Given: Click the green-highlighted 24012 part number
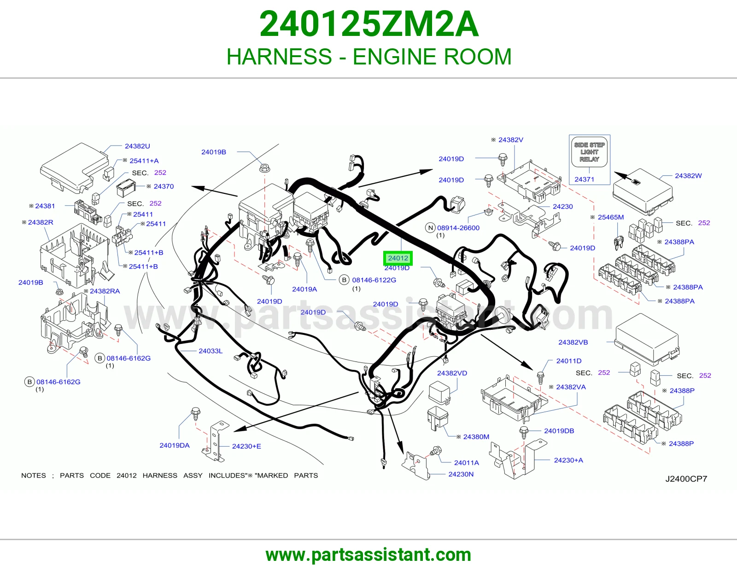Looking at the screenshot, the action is (x=398, y=258).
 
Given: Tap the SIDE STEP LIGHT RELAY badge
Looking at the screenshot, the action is (x=589, y=152).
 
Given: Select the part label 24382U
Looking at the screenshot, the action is (x=137, y=146).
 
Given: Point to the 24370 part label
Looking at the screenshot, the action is (x=164, y=186).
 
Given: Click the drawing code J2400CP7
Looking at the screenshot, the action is (x=686, y=479).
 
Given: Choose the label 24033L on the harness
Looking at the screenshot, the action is (x=211, y=351).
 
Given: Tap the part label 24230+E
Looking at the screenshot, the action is (x=246, y=446).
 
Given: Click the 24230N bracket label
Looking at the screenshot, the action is (x=461, y=474).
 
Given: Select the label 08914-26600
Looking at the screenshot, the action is (x=458, y=228).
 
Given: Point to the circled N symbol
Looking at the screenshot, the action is (x=430, y=228).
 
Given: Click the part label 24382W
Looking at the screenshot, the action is (x=688, y=175).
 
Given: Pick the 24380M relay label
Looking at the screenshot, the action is (x=476, y=437).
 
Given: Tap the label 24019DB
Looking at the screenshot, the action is (x=559, y=431).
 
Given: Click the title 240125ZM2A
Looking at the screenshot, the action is (x=369, y=24).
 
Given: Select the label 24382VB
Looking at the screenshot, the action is (x=573, y=343).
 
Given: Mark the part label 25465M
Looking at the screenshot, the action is (x=611, y=217).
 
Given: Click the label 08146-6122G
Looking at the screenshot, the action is (x=374, y=280).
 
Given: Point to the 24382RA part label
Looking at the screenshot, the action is (x=105, y=291).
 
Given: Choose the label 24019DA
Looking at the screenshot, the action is (x=175, y=446).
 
